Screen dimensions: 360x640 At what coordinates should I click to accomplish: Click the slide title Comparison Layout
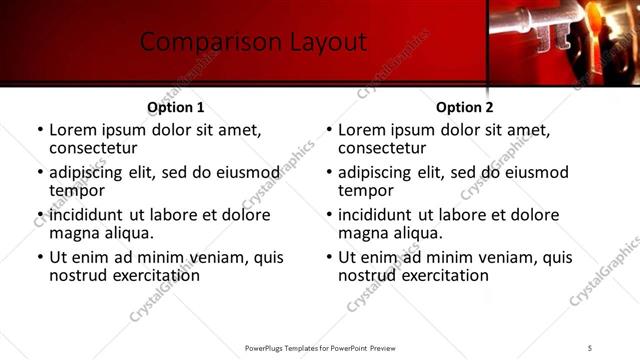pyautogui.click(x=253, y=42)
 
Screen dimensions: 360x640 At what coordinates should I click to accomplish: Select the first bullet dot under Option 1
pyautogui.click(x=40, y=131)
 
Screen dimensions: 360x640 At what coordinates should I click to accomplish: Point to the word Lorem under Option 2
pyautogui.click(x=361, y=130)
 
